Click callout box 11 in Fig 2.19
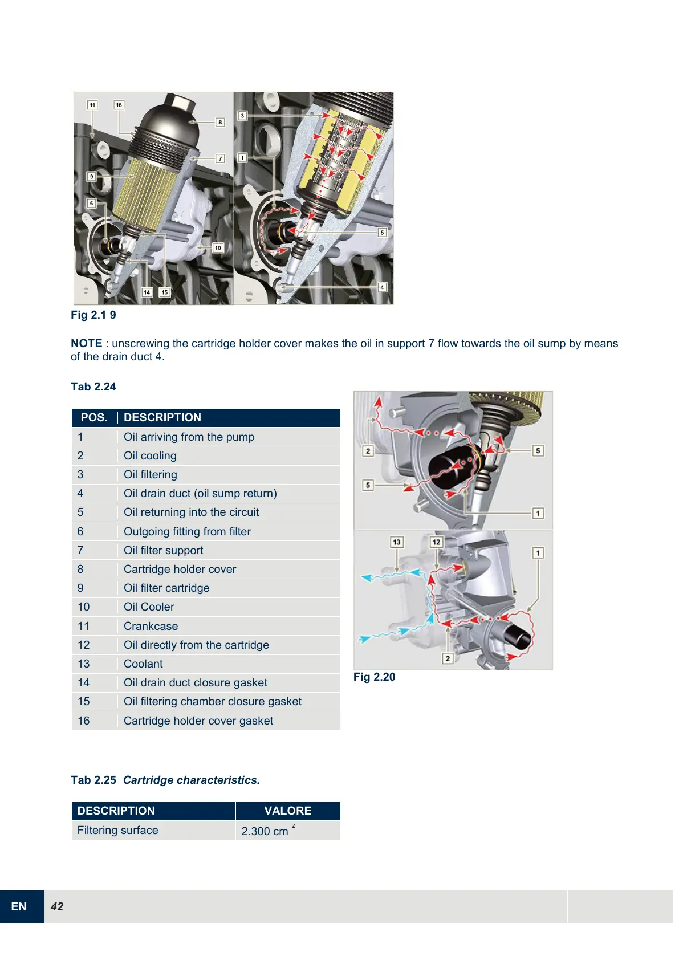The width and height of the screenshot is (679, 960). click(x=92, y=105)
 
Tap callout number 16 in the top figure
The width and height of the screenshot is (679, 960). click(x=119, y=105)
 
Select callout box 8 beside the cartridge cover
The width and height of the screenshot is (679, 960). click(x=220, y=122)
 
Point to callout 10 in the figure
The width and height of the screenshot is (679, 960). click(x=218, y=248)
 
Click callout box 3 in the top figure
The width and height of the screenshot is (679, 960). click(x=242, y=116)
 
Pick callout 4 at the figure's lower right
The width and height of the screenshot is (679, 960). click(x=382, y=287)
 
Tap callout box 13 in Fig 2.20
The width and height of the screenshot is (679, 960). click(x=396, y=542)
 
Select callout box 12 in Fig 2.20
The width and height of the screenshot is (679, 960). click(x=436, y=542)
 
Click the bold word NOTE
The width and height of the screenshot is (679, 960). click(x=86, y=343)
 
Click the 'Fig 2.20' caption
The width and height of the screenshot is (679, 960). click(x=374, y=677)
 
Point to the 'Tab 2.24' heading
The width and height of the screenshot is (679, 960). click(x=93, y=387)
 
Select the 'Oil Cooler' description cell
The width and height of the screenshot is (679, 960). click(x=149, y=607)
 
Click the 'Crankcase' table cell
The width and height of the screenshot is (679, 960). click(x=151, y=626)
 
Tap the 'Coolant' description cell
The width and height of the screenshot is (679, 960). click(x=143, y=664)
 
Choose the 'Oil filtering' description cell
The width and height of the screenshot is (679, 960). click(x=151, y=474)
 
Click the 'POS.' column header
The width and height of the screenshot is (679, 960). click(x=94, y=417)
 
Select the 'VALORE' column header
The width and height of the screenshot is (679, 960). click(x=287, y=811)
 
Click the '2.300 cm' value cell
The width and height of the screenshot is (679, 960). click(x=266, y=831)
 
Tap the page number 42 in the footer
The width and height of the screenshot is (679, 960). click(x=57, y=906)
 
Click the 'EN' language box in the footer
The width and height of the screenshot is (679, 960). click(x=19, y=906)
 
